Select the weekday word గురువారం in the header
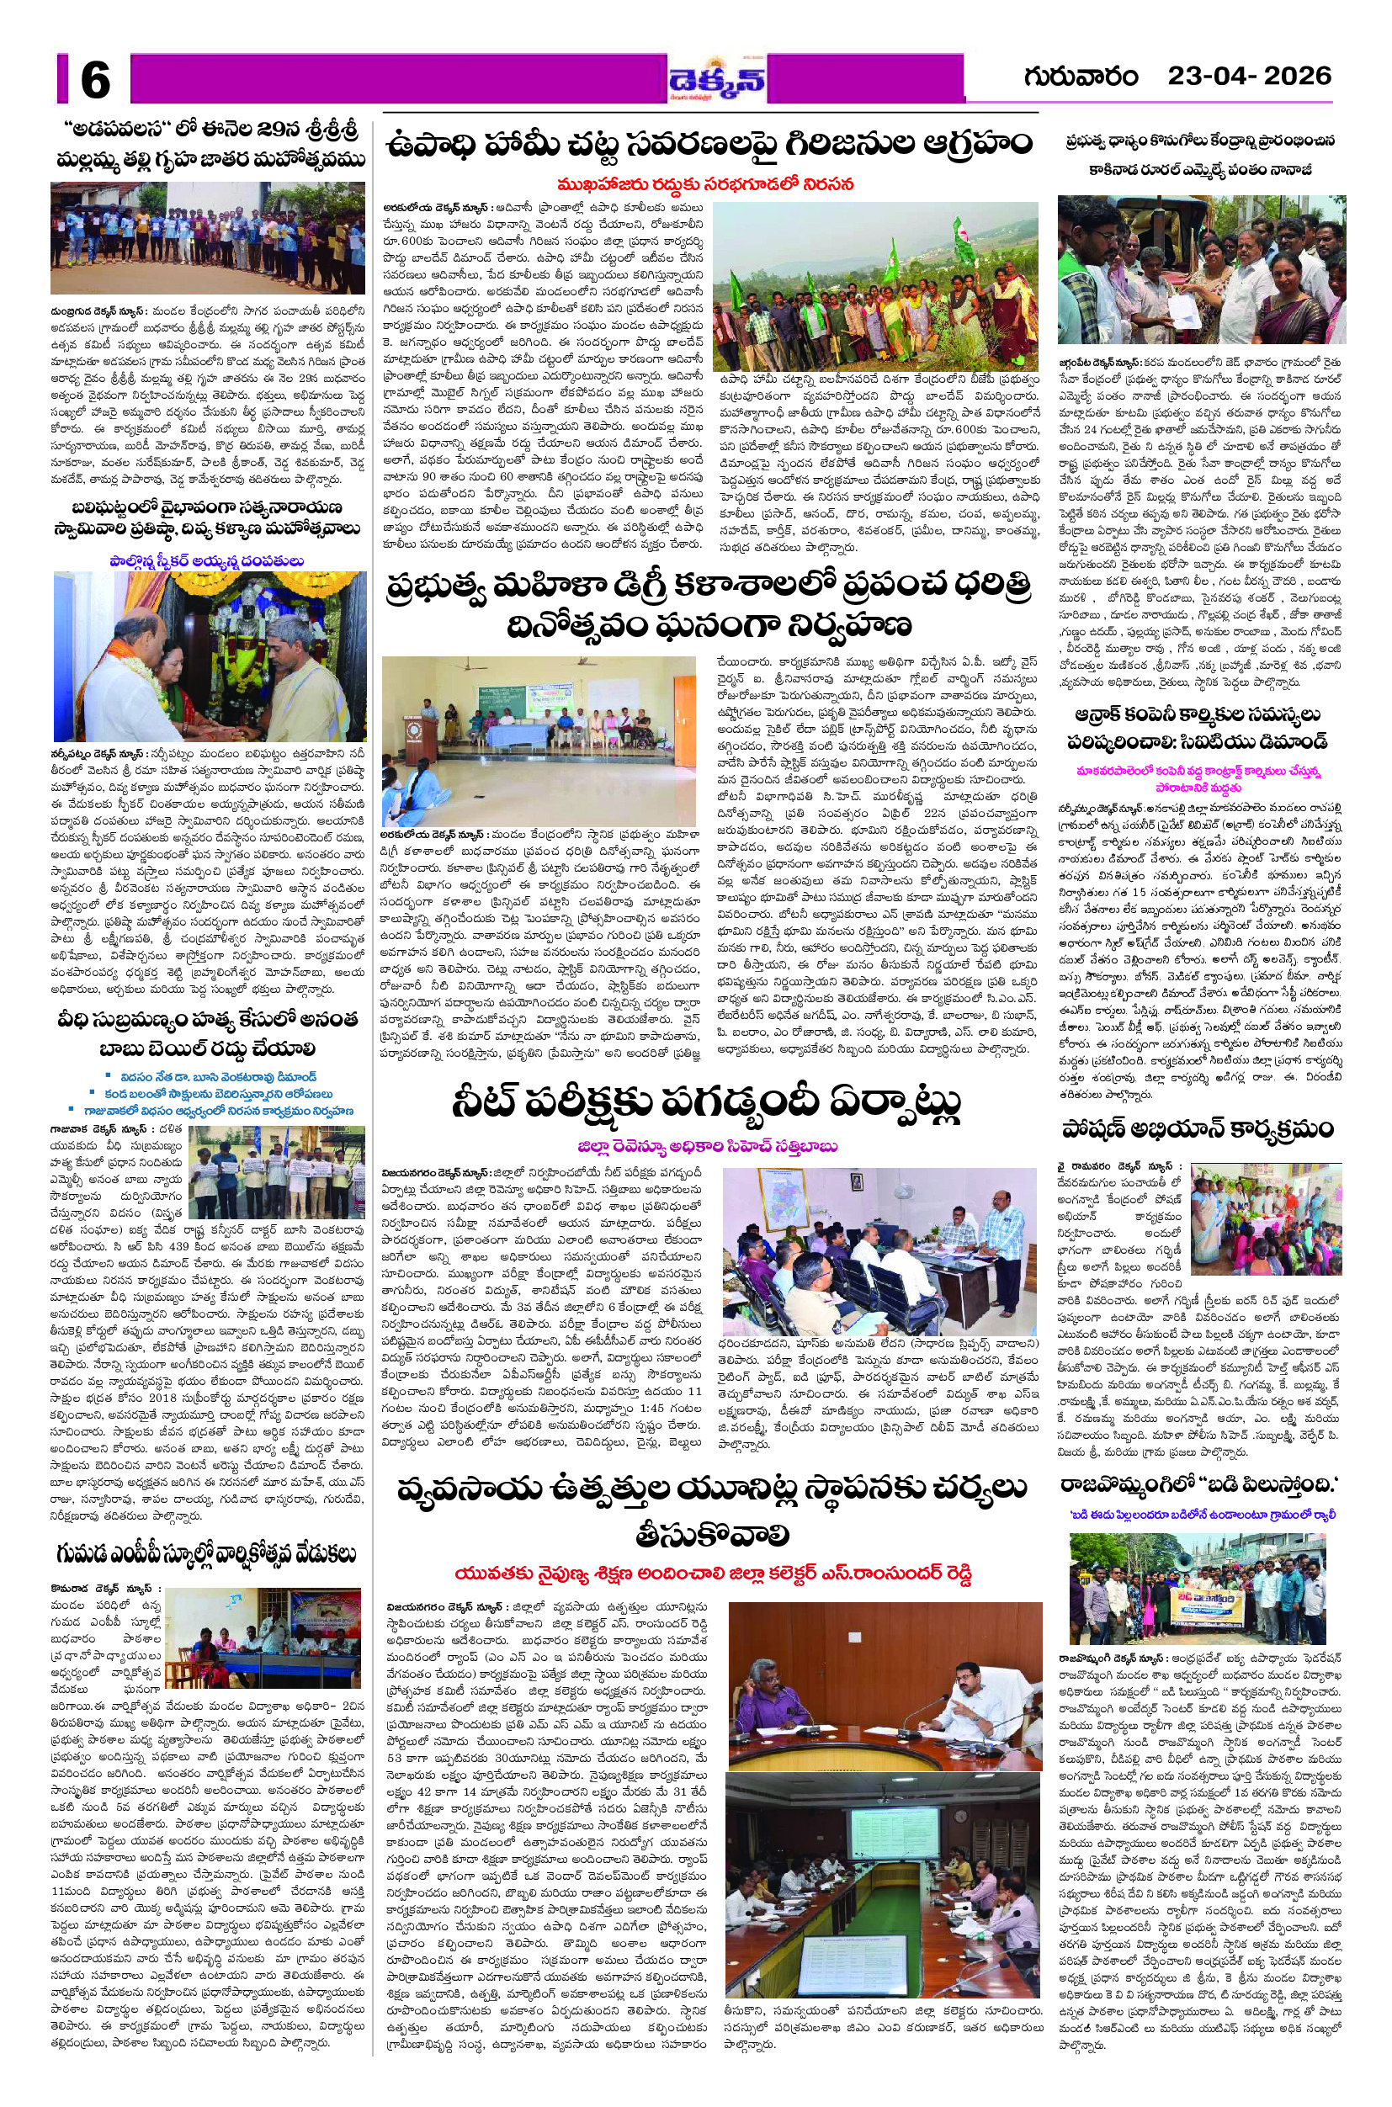pyautogui.click(x=1081, y=77)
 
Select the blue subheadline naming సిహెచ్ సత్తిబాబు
pyautogui.click(x=707, y=1147)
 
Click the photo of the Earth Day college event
pyautogui.click(x=540, y=742)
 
